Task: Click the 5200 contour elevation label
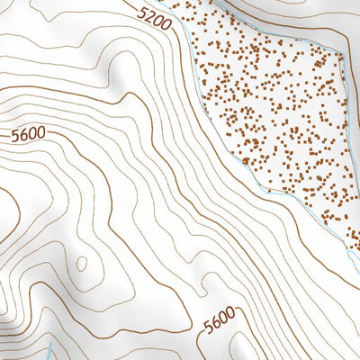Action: point(155,18)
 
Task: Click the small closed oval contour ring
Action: point(83,264)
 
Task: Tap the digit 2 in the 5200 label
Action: point(151,15)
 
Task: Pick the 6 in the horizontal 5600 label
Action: point(22,135)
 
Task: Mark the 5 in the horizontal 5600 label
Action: point(14,137)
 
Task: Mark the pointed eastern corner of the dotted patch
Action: point(346,54)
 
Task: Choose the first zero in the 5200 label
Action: point(158,21)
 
